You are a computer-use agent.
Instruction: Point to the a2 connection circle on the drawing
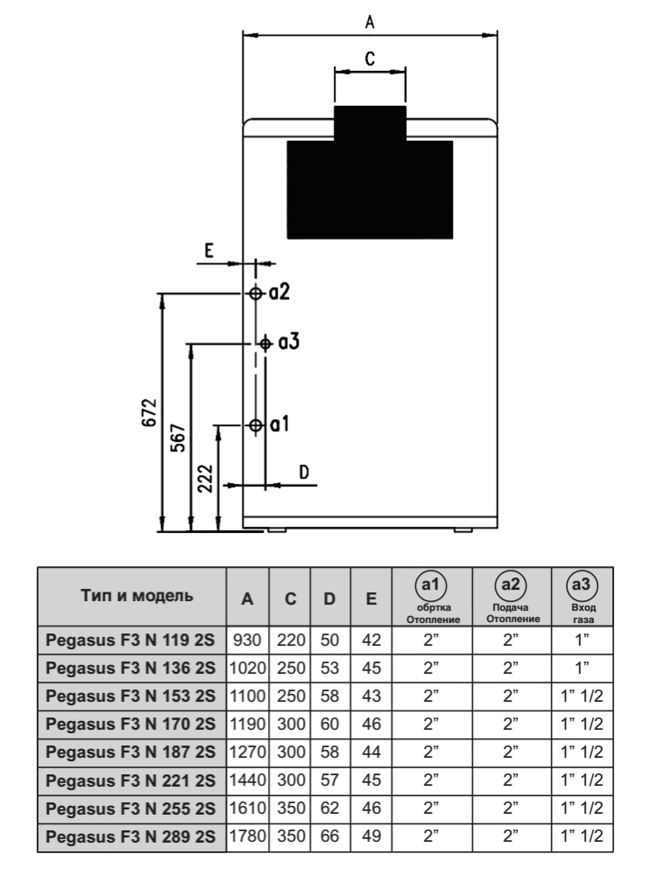click(255, 293)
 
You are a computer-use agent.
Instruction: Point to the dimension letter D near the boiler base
click(305, 472)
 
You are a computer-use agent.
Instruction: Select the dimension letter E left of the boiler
click(208, 250)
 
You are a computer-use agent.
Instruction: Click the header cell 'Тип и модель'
click(132, 597)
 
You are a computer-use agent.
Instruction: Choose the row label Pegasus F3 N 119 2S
click(132, 641)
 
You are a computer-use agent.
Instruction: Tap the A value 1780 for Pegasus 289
click(248, 837)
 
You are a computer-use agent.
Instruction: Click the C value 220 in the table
click(290, 641)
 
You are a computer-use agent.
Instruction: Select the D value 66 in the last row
click(330, 837)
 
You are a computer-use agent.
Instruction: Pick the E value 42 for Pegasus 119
click(371, 641)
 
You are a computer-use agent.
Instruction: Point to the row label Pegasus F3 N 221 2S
click(132, 781)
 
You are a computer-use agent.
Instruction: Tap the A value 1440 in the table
click(248, 781)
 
